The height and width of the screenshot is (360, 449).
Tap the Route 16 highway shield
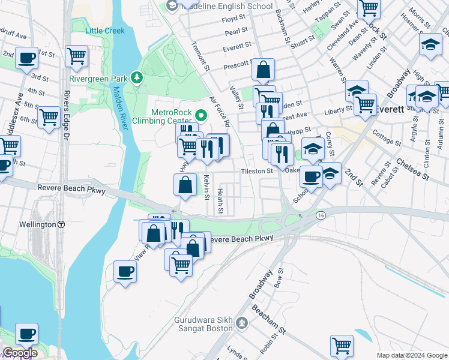(322, 214)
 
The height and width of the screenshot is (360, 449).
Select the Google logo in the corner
(19, 353)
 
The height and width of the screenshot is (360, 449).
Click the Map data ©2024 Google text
(412, 355)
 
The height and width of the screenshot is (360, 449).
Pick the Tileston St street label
(257, 171)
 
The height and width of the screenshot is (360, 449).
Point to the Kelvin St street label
(206, 187)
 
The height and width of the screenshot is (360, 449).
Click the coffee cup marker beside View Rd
(125, 272)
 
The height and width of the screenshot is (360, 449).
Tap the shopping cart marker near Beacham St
(342, 345)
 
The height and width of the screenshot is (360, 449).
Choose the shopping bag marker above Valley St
(263, 70)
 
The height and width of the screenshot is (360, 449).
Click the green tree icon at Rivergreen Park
(138, 77)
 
